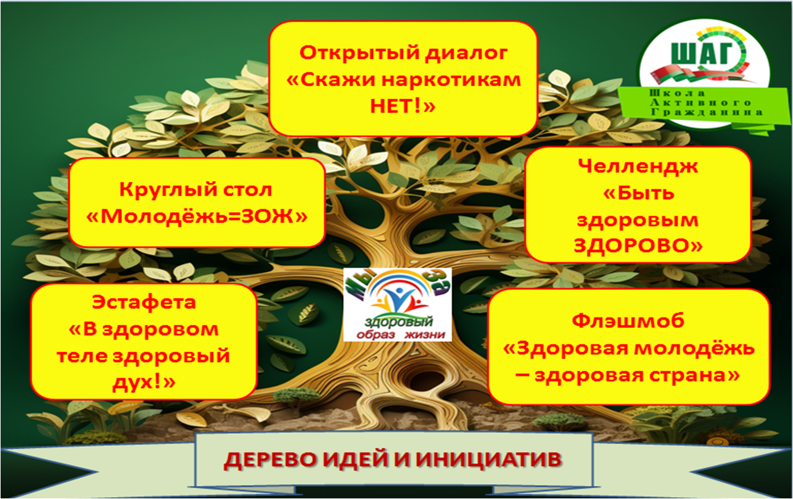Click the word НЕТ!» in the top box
click(x=403, y=105)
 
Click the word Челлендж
click(x=638, y=167)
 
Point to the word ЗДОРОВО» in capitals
click(x=638, y=245)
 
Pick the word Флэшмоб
click(x=628, y=321)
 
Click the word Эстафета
click(x=144, y=302)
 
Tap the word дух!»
click(x=144, y=383)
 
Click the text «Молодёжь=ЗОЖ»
click(x=197, y=216)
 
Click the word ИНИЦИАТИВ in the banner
click(x=489, y=459)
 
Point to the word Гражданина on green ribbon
click(x=707, y=113)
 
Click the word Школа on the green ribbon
click(x=677, y=93)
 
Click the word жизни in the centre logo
click(x=425, y=335)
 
